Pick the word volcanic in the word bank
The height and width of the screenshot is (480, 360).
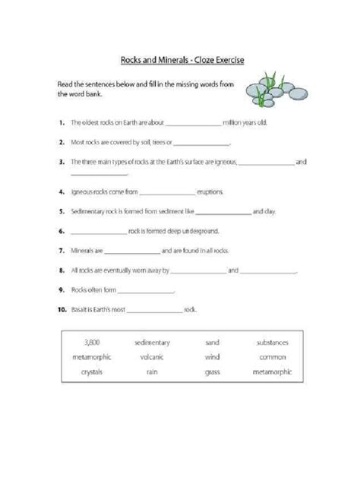pyautogui.click(x=151, y=357)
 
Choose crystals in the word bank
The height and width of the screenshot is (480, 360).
pyautogui.click(x=93, y=372)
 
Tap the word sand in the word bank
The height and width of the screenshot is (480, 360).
pyautogui.click(x=212, y=343)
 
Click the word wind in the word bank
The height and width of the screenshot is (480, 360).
pyautogui.click(x=212, y=357)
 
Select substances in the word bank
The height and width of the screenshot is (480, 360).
pyautogui.click(x=272, y=343)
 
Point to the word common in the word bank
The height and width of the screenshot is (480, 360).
pyautogui.click(x=272, y=357)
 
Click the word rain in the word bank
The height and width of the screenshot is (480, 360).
pyautogui.click(x=151, y=372)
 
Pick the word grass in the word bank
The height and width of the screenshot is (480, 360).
pyautogui.click(x=212, y=372)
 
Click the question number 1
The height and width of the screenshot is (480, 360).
pyautogui.click(x=59, y=122)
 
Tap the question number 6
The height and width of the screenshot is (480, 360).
pyautogui.click(x=59, y=230)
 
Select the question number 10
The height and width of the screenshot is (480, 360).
pyautogui.click(x=61, y=309)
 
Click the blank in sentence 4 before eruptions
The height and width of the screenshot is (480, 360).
pyautogui.click(x=166, y=194)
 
